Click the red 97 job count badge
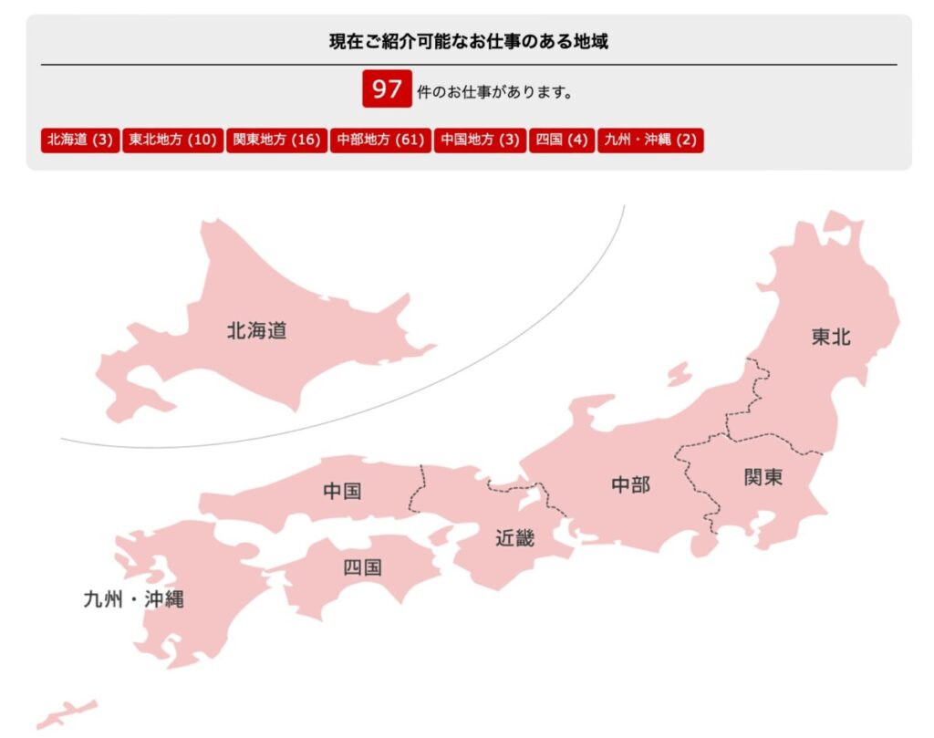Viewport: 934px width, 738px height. click(x=387, y=89)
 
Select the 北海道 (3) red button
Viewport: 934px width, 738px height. click(x=80, y=140)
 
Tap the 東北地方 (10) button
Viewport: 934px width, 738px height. click(x=173, y=140)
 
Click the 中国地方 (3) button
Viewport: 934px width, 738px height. click(x=480, y=140)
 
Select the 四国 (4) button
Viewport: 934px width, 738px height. click(x=562, y=140)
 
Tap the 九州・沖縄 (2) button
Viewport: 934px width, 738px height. click(x=650, y=140)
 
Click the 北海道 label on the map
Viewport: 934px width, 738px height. click(x=256, y=331)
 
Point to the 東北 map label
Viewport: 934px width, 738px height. click(x=830, y=337)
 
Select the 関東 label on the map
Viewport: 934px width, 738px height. click(x=763, y=477)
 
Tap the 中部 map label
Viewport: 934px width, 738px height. click(x=630, y=484)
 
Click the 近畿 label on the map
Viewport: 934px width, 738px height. click(x=514, y=538)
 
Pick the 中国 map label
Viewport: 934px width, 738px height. click(x=342, y=492)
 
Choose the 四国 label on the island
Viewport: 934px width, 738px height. click(x=362, y=567)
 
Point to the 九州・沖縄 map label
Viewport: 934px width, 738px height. click(x=133, y=600)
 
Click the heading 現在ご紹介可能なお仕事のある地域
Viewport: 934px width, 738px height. click(x=469, y=41)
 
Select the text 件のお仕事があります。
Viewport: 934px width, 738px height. click(x=495, y=92)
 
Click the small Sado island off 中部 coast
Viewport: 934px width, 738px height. click(x=679, y=373)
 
